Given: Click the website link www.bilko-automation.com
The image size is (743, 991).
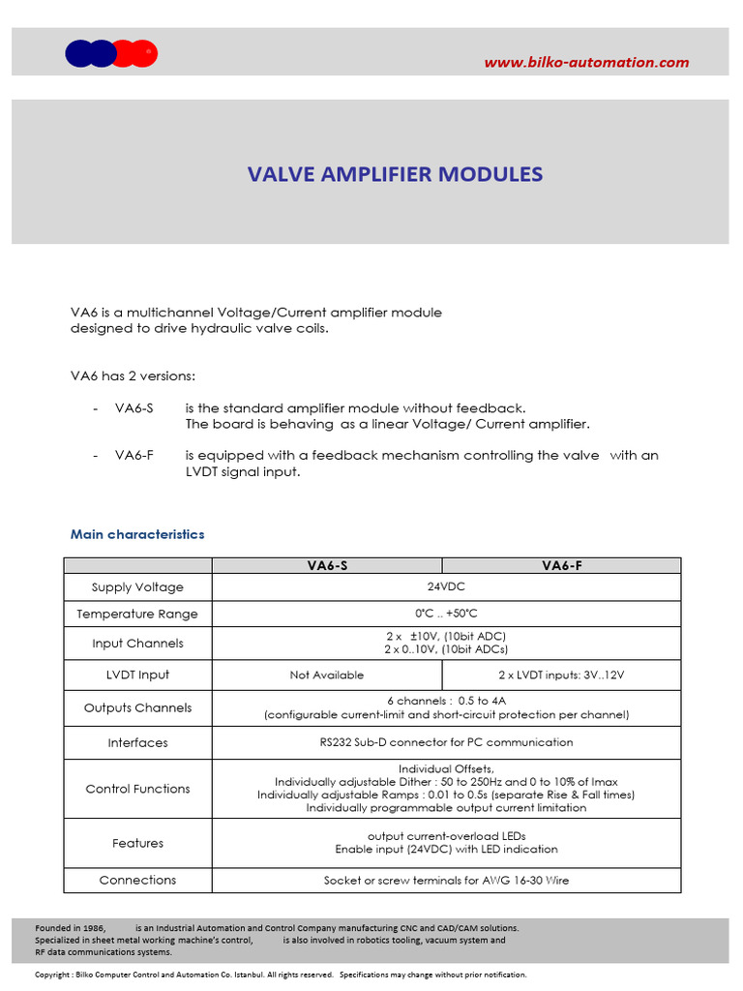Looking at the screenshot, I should coord(586,63).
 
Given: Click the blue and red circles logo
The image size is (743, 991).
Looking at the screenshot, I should coord(111,54).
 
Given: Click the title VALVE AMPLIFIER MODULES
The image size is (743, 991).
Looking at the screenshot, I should coord(395,174).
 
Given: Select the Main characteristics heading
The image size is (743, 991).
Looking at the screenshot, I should coord(137,534).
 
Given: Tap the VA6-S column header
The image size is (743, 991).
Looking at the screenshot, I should coord(326,566).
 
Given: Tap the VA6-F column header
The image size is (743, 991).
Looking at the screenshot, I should coord(561,566).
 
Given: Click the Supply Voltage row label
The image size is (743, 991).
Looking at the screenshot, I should coord(137,587).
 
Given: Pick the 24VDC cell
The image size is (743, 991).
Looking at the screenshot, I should coord(446,586).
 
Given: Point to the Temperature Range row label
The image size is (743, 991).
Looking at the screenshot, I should coord(137,614).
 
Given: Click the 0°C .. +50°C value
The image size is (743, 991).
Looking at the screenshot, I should coord(446,614).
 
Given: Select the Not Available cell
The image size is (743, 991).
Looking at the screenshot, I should coord(327,675).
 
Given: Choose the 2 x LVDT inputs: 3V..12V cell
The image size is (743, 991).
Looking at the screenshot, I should coord(561,675).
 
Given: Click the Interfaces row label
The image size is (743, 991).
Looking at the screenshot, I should coord(137,743).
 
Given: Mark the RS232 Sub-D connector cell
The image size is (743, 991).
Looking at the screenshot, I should coord(446,742).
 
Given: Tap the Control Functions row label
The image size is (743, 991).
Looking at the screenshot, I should coord(137,789).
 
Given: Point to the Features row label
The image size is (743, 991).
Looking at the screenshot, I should coord(137,843).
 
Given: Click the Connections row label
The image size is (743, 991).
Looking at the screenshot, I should coord(137,880).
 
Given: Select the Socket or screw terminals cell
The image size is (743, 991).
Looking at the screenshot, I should coord(446,881).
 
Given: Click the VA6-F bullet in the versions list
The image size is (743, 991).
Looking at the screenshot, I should coord(134,455).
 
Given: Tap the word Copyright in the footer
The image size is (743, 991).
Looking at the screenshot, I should coord(52,975).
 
